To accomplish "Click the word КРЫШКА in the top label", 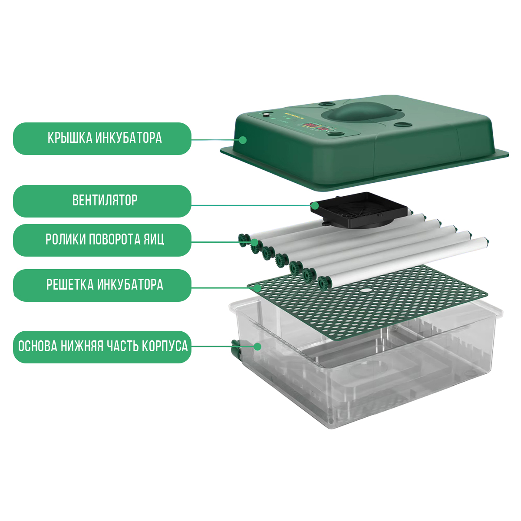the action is click(x=70, y=138).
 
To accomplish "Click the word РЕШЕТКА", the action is click(x=70, y=284).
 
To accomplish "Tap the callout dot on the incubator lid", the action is click(x=243, y=140).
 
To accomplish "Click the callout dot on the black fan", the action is click(x=314, y=206).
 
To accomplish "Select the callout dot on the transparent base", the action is click(x=257, y=346).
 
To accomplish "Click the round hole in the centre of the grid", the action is click(x=366, y=290).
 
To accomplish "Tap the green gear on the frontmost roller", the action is click(x=324, y=283).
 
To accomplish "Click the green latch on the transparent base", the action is click(x=236, y=349).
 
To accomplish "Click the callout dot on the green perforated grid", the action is click(x=258, y=288).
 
